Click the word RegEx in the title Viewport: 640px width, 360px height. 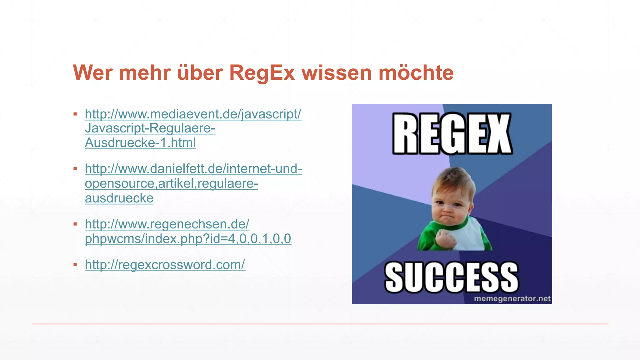[262, 73]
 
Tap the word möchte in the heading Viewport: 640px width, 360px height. [416, 72]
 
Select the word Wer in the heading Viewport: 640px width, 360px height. [92, 73]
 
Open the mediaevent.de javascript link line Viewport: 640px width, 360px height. [193, 114]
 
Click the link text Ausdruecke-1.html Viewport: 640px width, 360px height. [140, 143]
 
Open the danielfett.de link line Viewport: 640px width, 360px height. [193, 169]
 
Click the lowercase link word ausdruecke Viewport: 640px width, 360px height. [119, 198]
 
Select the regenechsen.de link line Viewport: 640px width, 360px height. [167, 224]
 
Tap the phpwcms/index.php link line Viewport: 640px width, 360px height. [188, 239]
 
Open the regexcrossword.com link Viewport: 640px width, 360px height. [165, 265]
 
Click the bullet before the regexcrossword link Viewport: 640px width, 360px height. [75, 265]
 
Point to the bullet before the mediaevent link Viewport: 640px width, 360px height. [75, 114]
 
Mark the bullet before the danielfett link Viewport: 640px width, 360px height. [75, 169]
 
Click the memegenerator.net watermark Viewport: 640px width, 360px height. [512, 299]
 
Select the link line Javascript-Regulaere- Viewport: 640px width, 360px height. [150, 128]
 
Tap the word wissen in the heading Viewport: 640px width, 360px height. [337, 73]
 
